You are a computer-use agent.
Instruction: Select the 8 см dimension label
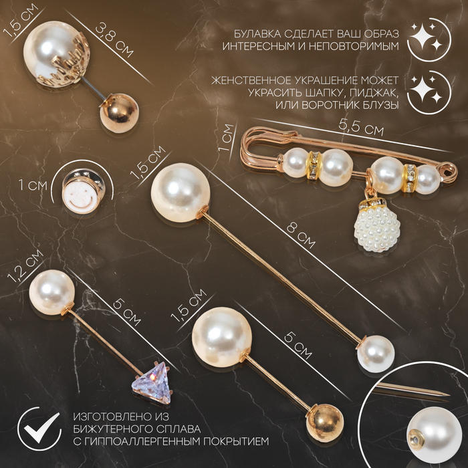(301, 236)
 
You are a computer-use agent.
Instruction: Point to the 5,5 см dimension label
(361, 128)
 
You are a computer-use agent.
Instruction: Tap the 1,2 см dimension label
(25, 266)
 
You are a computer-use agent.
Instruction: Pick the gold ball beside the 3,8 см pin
(119, 113)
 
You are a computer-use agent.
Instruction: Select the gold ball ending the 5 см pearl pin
(325, 423)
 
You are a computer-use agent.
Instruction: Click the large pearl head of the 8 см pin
(181, 193)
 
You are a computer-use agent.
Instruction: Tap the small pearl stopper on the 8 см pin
(376, 354)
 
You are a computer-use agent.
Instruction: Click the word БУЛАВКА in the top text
(257, 34)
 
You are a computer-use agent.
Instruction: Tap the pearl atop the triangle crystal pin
(52, 292)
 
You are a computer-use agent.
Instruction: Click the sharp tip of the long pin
(449, 395)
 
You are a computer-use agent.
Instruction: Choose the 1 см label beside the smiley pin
(33, 185)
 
